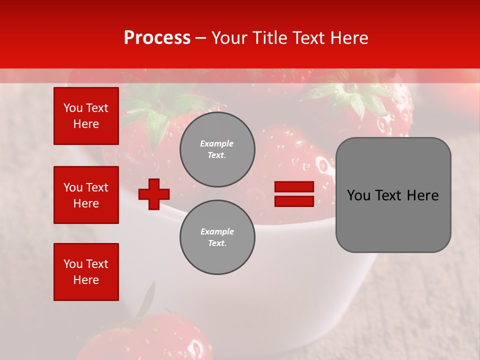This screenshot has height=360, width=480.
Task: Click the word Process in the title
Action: click(x=157, y=38)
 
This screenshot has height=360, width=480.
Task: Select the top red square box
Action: click(x=86, y=116)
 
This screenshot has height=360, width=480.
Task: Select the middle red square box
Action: click(x=86, y=195)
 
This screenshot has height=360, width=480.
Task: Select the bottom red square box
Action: click(x=86, y=272)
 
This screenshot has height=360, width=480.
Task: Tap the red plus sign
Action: click(x=154, y=194)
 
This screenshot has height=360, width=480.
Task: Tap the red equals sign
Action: click(x=294, y=194)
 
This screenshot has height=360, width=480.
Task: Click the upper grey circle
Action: click(x=217, y=149)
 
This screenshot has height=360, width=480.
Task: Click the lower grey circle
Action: click(x=217, y=237)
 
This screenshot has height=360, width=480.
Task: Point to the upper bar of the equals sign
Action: click(x=294, y=187)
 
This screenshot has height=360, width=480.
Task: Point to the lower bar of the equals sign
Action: click(x=294, y=201)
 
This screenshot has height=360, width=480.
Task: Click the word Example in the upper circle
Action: click(x=217, y=143)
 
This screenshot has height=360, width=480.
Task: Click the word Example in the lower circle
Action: click(x=217, y=231)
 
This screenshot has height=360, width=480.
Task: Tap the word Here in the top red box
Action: click(x=86, y=124)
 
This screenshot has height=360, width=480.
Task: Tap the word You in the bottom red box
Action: click(x=73, y=264)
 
